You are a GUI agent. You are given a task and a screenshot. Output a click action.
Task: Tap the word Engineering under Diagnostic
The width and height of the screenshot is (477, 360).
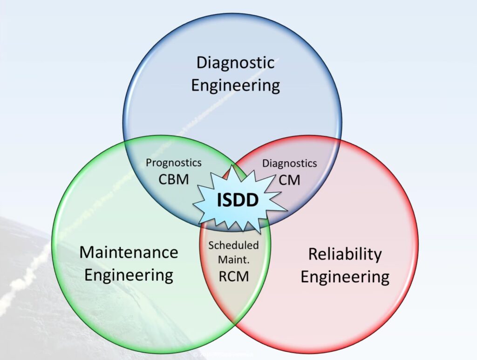pyautogui.click(x=235, y=86)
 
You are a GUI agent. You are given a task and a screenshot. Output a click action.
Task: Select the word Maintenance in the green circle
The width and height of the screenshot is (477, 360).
pyautogui.click(x=129, y=252)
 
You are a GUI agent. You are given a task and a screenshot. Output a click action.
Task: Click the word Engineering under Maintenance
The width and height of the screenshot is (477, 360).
pyautogui.click(x=129, y=274)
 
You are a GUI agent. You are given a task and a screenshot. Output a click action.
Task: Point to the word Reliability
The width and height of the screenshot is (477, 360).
pyautogui.click(x=345, y=254)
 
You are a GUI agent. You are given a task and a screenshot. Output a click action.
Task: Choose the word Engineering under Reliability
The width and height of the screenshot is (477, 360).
pyautogui.click(x=345, y=277)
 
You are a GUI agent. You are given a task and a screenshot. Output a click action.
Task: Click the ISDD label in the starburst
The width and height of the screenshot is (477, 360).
pyautogui.click(x=238, y=200)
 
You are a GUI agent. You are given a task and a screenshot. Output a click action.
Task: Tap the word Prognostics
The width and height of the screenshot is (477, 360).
pyautogui.click(x=174, y=163)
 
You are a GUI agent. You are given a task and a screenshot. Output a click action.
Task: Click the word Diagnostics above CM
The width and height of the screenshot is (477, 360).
pyautogui.click(x=289, y=163)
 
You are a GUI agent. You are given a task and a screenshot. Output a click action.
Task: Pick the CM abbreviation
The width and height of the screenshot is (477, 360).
pyautogui.click(x=289, y=179)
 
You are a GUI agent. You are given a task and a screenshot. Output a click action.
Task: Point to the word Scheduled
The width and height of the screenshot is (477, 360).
pyautogui.click(x=233, y=245)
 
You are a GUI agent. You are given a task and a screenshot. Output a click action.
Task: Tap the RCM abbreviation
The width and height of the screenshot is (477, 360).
pyautogui.click(x=233, y=276)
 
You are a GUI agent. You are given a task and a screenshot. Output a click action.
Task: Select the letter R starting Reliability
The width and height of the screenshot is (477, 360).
pyautogui.click(x=312, y=255)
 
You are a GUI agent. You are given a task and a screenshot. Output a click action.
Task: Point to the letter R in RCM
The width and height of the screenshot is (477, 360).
pyautogui.click(x=223, y=276)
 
